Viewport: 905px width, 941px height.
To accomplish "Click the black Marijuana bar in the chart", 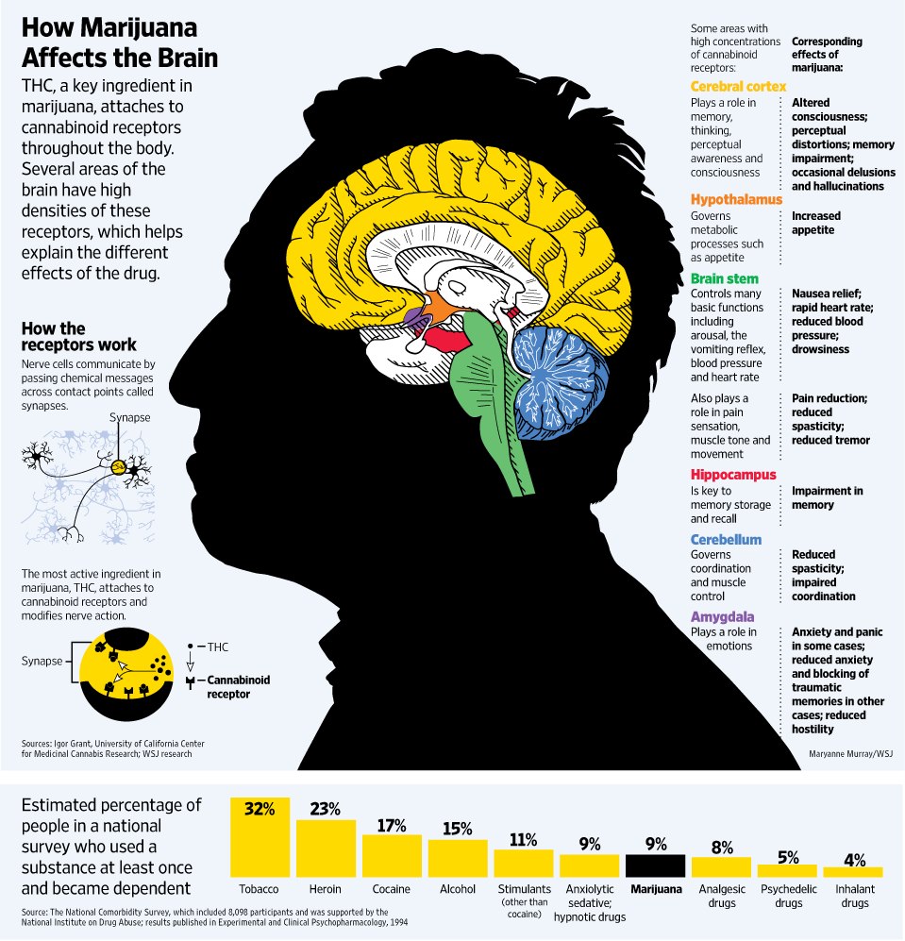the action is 655,865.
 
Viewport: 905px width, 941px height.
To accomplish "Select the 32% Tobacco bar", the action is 260,837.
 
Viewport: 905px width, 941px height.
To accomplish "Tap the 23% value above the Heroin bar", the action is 326,809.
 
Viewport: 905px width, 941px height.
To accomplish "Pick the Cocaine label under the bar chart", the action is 392,889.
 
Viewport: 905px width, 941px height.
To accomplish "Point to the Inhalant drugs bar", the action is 853,872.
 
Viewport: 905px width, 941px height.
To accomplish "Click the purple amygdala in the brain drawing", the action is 413,316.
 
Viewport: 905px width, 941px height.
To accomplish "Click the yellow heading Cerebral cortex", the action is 738,87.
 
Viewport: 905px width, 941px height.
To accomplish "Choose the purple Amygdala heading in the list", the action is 722,617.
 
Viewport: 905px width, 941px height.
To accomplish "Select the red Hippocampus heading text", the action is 732,475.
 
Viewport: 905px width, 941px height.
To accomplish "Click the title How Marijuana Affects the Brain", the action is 120,42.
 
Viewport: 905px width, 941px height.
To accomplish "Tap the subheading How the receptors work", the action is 78,337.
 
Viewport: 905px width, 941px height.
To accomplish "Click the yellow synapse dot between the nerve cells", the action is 119,465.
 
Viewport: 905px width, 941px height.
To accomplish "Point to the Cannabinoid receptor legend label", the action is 238,687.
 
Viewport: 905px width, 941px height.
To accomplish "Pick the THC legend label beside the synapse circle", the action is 218,647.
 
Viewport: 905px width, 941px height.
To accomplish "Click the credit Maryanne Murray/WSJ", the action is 850,754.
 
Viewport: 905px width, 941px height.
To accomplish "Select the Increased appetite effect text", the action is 815,223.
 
